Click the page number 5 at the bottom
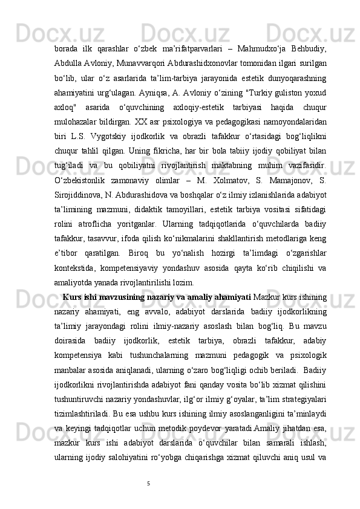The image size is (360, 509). [148, 500]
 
